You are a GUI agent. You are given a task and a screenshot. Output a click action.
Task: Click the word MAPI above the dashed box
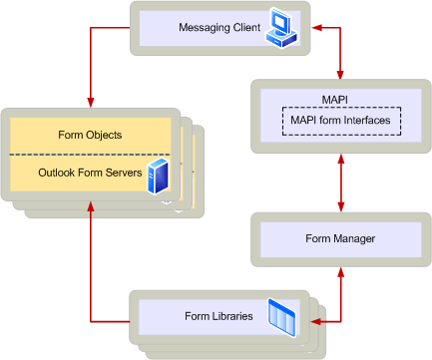point(341,101)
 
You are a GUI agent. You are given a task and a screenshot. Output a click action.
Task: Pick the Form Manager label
point(341,239)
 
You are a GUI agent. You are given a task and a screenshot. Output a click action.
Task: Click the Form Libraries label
point(217,317)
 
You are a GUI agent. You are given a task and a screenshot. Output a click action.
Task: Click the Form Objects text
point(91,135)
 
